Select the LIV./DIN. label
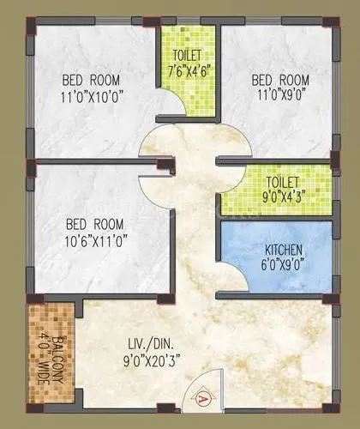point(149,346)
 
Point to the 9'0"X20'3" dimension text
point(149,361)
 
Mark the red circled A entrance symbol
point(202,397)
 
